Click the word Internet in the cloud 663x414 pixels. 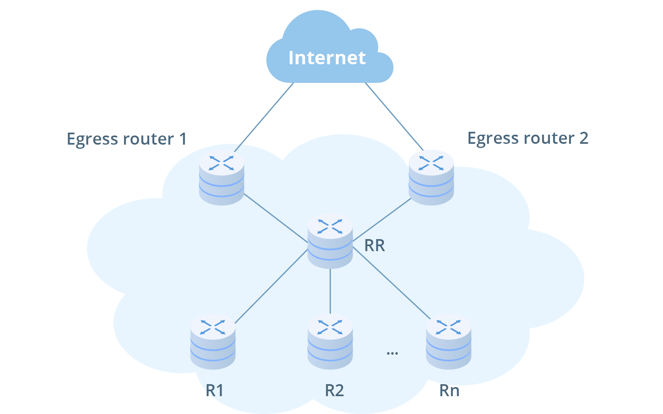point(327,58)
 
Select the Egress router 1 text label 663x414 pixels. point(127,139)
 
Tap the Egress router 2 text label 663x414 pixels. point(527,138)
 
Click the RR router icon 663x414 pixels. point(330,241)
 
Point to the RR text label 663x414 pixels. point(375,246)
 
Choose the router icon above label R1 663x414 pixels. point(213,342)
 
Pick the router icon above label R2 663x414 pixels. point(330,342)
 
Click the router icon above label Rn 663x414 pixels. point(449,342)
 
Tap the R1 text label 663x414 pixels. point(215,390)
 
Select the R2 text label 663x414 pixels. point(334,390)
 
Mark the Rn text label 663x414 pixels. point(449,390)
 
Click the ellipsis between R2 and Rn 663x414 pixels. point(392,353)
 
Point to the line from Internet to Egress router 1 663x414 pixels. point(264,117)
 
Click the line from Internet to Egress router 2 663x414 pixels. point(394,116)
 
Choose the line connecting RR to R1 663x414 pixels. point(271,287)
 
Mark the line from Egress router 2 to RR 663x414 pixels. point(381,220)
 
